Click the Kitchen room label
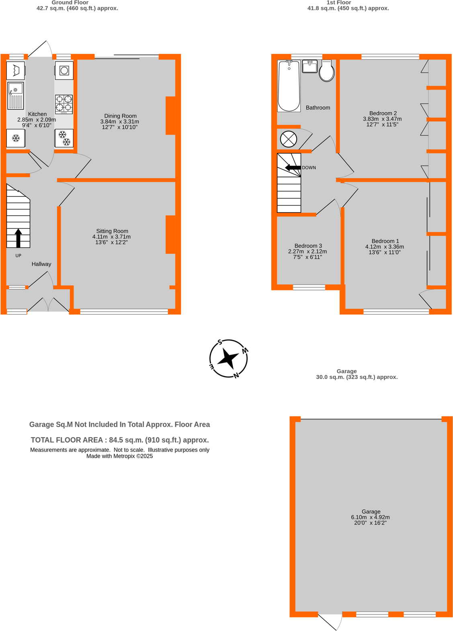[37, 114]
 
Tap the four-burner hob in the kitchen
[64, 104]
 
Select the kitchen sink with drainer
[16, 96]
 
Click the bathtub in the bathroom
[289, 86]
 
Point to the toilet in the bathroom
[326, 71]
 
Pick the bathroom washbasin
[310, 66]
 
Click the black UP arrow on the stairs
[18, 238]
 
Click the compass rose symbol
[228, 359]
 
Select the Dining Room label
[120, 116]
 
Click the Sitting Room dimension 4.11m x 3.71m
[111, 237]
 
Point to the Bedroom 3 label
[308, 246]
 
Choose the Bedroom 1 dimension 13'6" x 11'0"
[385, 253]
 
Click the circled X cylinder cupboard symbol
[288, 139]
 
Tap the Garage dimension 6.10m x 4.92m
[370, 517]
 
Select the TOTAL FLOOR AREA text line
[119, 440]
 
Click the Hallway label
[41, 264]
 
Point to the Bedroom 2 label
[383, 113]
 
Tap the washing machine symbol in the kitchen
[64, 71]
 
